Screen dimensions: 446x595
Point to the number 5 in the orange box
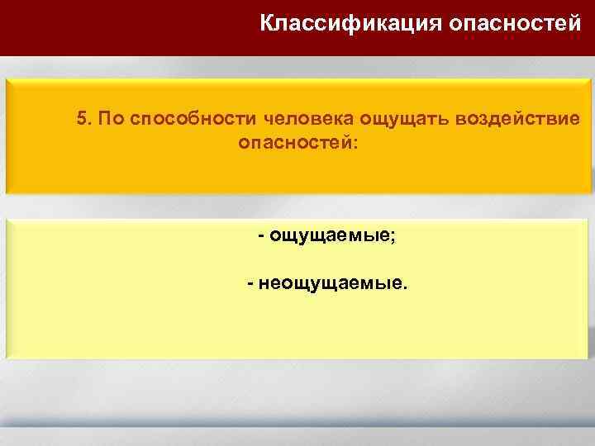coord(81,118)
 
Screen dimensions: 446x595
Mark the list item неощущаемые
coord(330,284)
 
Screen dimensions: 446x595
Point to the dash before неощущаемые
coord(250,284)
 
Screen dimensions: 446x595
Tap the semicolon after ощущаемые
coord(393,238)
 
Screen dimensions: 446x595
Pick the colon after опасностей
coord(356,144)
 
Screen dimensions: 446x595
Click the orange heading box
coord(297,173)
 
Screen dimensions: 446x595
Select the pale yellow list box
coord(297,330)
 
